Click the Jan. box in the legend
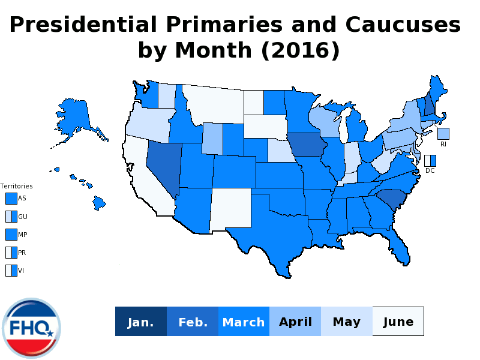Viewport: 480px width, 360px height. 141,322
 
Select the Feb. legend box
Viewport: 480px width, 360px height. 193,322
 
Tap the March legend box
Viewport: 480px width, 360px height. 244,322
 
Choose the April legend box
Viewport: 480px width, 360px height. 295,322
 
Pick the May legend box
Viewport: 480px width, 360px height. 347,322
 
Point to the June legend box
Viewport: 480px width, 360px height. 398,322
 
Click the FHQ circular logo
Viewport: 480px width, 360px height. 31,328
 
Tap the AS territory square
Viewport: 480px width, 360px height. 11,198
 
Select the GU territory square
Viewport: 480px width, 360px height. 11,216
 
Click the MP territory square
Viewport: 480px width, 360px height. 11,234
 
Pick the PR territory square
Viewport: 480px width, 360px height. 11,252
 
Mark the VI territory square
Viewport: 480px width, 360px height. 11,270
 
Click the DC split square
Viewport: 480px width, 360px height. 430,161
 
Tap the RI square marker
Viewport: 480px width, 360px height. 443,133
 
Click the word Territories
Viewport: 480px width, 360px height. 16,186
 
